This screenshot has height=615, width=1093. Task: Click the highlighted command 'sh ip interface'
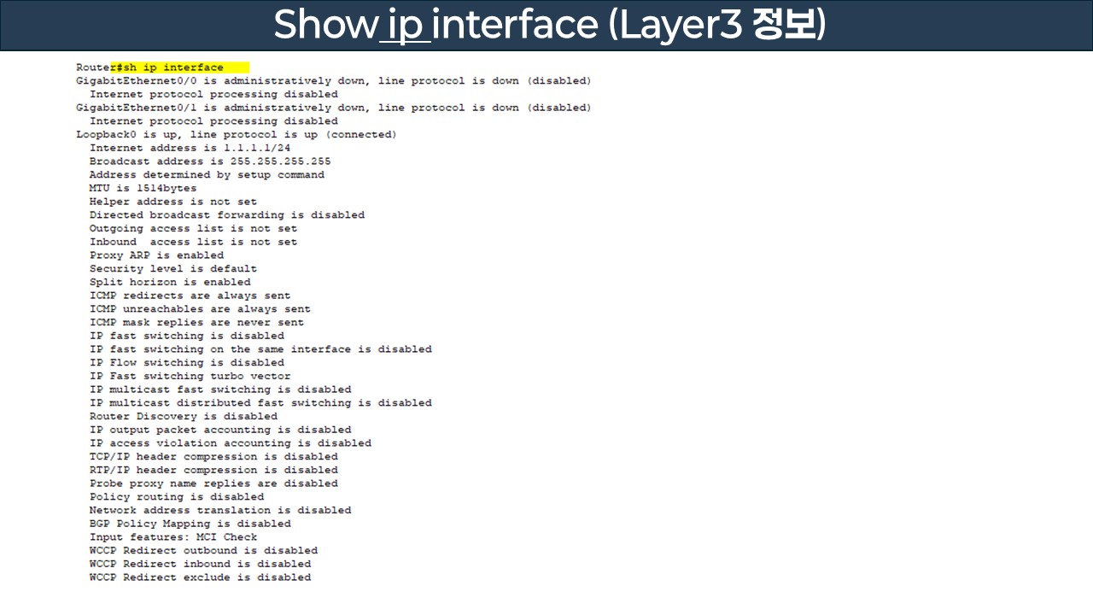(x=173, y=67)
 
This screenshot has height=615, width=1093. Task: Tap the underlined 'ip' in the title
(x=405, y=26)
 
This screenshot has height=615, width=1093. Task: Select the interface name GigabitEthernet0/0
(x=136, y=81)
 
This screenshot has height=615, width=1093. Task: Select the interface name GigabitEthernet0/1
(x=136, y=108)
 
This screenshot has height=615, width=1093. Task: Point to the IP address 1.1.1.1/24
(x=257, y=148)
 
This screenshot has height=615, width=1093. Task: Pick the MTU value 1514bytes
(x=167, y=188)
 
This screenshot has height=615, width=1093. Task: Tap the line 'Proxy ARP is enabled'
(x=156, y=255)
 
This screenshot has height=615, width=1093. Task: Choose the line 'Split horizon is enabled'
(x=170, y=282)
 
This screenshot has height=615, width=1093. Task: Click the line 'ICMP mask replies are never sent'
(x=196, y=323)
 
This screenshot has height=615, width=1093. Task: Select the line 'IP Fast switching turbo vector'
(x=190, y=376)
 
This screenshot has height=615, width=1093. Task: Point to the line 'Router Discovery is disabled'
(x=184, y=417)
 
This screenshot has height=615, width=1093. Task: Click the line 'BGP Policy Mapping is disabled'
(x=190, y=524)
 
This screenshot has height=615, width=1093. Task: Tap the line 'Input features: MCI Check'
(x=173, y=537)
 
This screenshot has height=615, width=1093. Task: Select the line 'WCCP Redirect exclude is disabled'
(x=200, y=577)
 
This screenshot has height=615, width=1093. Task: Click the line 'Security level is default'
(x=173, y=269)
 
